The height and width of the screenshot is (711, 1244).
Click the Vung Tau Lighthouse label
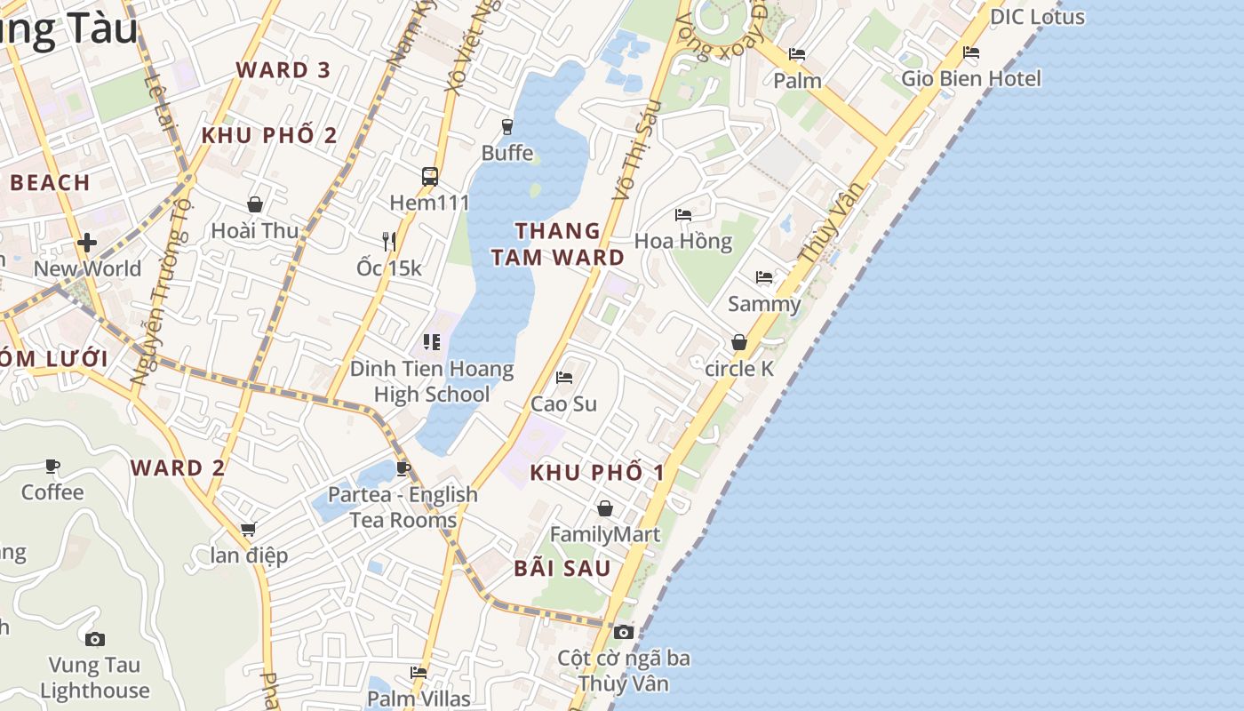[95, 677]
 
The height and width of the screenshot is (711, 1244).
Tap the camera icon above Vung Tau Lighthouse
[95, 639]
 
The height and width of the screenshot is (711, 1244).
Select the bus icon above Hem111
[430, 176]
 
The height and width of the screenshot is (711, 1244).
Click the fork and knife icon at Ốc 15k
[388, 241]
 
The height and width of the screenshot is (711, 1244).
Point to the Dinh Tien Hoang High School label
[432, 381]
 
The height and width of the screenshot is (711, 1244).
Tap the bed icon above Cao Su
[564, 378]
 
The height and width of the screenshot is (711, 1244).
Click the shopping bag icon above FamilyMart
[605, 508]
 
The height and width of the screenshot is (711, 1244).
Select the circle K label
[739, 368]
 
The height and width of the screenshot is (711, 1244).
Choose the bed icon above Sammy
[764, 277]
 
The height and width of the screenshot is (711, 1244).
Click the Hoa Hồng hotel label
[683, 241]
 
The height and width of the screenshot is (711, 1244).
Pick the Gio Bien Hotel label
[971, 78]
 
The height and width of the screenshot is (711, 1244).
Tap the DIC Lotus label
[1037, 17]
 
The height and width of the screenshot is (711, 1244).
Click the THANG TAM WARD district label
[558, 244]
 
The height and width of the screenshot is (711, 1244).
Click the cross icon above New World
[87, 242]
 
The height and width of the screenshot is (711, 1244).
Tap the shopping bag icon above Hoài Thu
[255, 204]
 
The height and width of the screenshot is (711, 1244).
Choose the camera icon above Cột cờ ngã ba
[624, 632]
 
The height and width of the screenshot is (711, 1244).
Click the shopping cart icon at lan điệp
[249, 530]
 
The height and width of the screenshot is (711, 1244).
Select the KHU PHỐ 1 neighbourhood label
[597, 473]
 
